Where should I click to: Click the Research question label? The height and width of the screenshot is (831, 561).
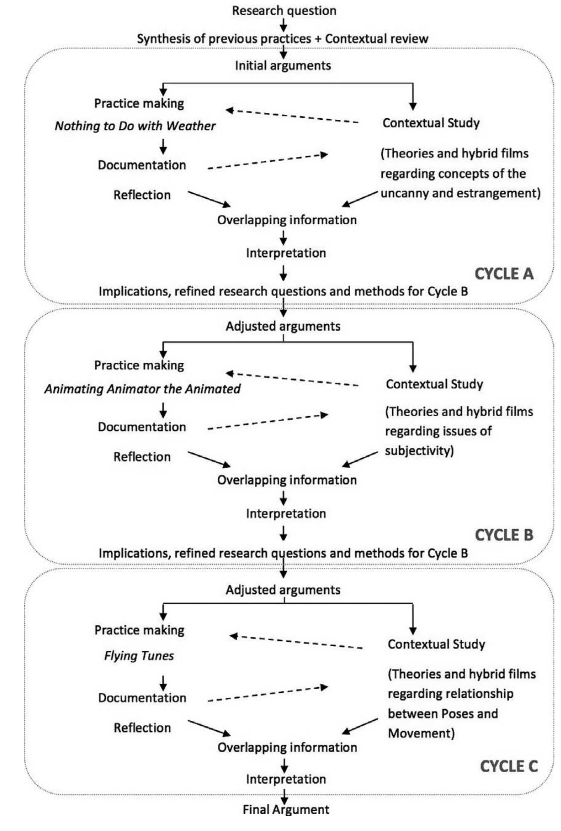(284, 11)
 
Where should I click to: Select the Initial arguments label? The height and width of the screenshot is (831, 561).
(283, 65)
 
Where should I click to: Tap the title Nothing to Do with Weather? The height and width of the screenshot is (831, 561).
(135, 126)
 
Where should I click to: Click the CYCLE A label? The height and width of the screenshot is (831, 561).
(504, 274)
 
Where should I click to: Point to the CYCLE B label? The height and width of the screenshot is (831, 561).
(504, 535)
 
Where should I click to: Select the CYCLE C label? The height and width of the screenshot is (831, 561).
(509, 766)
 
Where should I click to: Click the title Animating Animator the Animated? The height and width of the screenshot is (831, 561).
(142, 389)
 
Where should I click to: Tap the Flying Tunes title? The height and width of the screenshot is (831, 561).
(139, 656)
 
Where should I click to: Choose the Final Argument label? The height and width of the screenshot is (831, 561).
(286, 810)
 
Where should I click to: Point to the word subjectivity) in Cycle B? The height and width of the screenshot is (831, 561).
(419, 451)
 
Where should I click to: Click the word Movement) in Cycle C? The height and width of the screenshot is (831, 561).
(421, 733)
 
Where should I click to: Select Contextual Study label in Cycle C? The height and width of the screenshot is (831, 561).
(436, 644)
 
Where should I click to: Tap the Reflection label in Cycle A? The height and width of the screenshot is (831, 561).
(142, 195)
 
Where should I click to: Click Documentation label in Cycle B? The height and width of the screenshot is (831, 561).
(142, 427)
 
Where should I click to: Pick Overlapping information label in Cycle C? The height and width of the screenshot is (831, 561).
(287, 747)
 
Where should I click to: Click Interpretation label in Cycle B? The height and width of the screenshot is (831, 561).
(286, 513)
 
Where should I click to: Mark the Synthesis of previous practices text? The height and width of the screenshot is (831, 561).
(224, 39)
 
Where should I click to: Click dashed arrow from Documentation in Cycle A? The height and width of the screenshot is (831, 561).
(268, 162)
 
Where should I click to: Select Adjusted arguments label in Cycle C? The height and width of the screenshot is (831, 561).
(283, 590)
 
